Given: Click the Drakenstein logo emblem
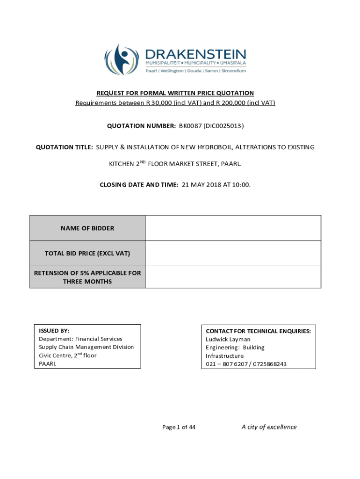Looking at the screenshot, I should click(122, 59).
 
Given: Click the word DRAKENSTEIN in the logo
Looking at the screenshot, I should click(195, 54).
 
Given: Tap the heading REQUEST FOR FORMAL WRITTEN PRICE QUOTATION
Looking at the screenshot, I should click(175, 93).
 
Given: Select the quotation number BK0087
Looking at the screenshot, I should click(189, 125).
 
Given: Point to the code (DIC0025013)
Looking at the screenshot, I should click(223, 125).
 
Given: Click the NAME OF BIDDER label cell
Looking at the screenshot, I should click(87, 228).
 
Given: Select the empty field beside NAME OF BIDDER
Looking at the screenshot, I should click(233, 228).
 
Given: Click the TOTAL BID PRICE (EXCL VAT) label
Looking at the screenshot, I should click(87, 254).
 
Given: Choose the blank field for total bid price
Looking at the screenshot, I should click(233, 254).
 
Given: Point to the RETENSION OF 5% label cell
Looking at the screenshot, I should click(87, 277).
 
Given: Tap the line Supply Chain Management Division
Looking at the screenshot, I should click(86, 347).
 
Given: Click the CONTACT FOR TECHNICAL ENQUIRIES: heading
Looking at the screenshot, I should click(258, 331).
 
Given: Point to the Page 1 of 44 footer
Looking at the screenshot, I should click(179, 427).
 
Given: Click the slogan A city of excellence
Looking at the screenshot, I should click(269, 427).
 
